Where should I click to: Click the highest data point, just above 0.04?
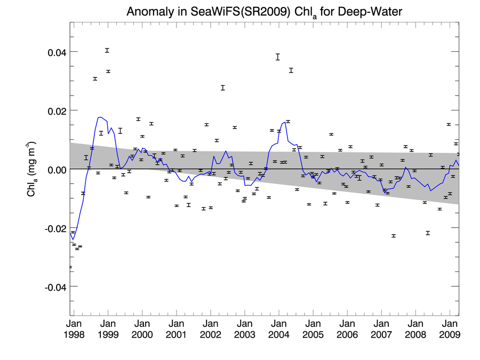tap(107, 51)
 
